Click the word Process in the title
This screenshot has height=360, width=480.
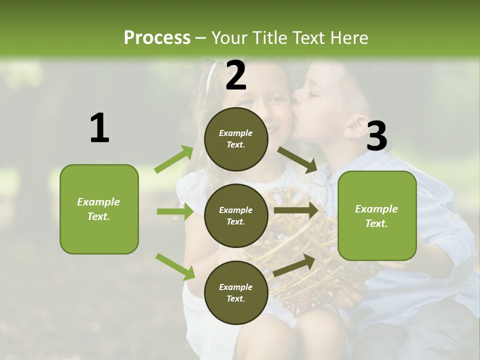(x=157, y=37)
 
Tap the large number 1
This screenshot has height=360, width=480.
(x=99, y=128)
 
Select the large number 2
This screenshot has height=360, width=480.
(x=236, y=75)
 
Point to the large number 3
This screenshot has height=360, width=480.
(x=376, y=136)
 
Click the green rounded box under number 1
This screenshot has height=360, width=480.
(x=99, y=209)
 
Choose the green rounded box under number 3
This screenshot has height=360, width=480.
(x=377, y=215)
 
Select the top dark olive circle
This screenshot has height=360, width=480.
(x=236, y=139)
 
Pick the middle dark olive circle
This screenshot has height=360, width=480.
(x=236, y=215)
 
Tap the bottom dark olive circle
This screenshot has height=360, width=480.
(x=236, y=292)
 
